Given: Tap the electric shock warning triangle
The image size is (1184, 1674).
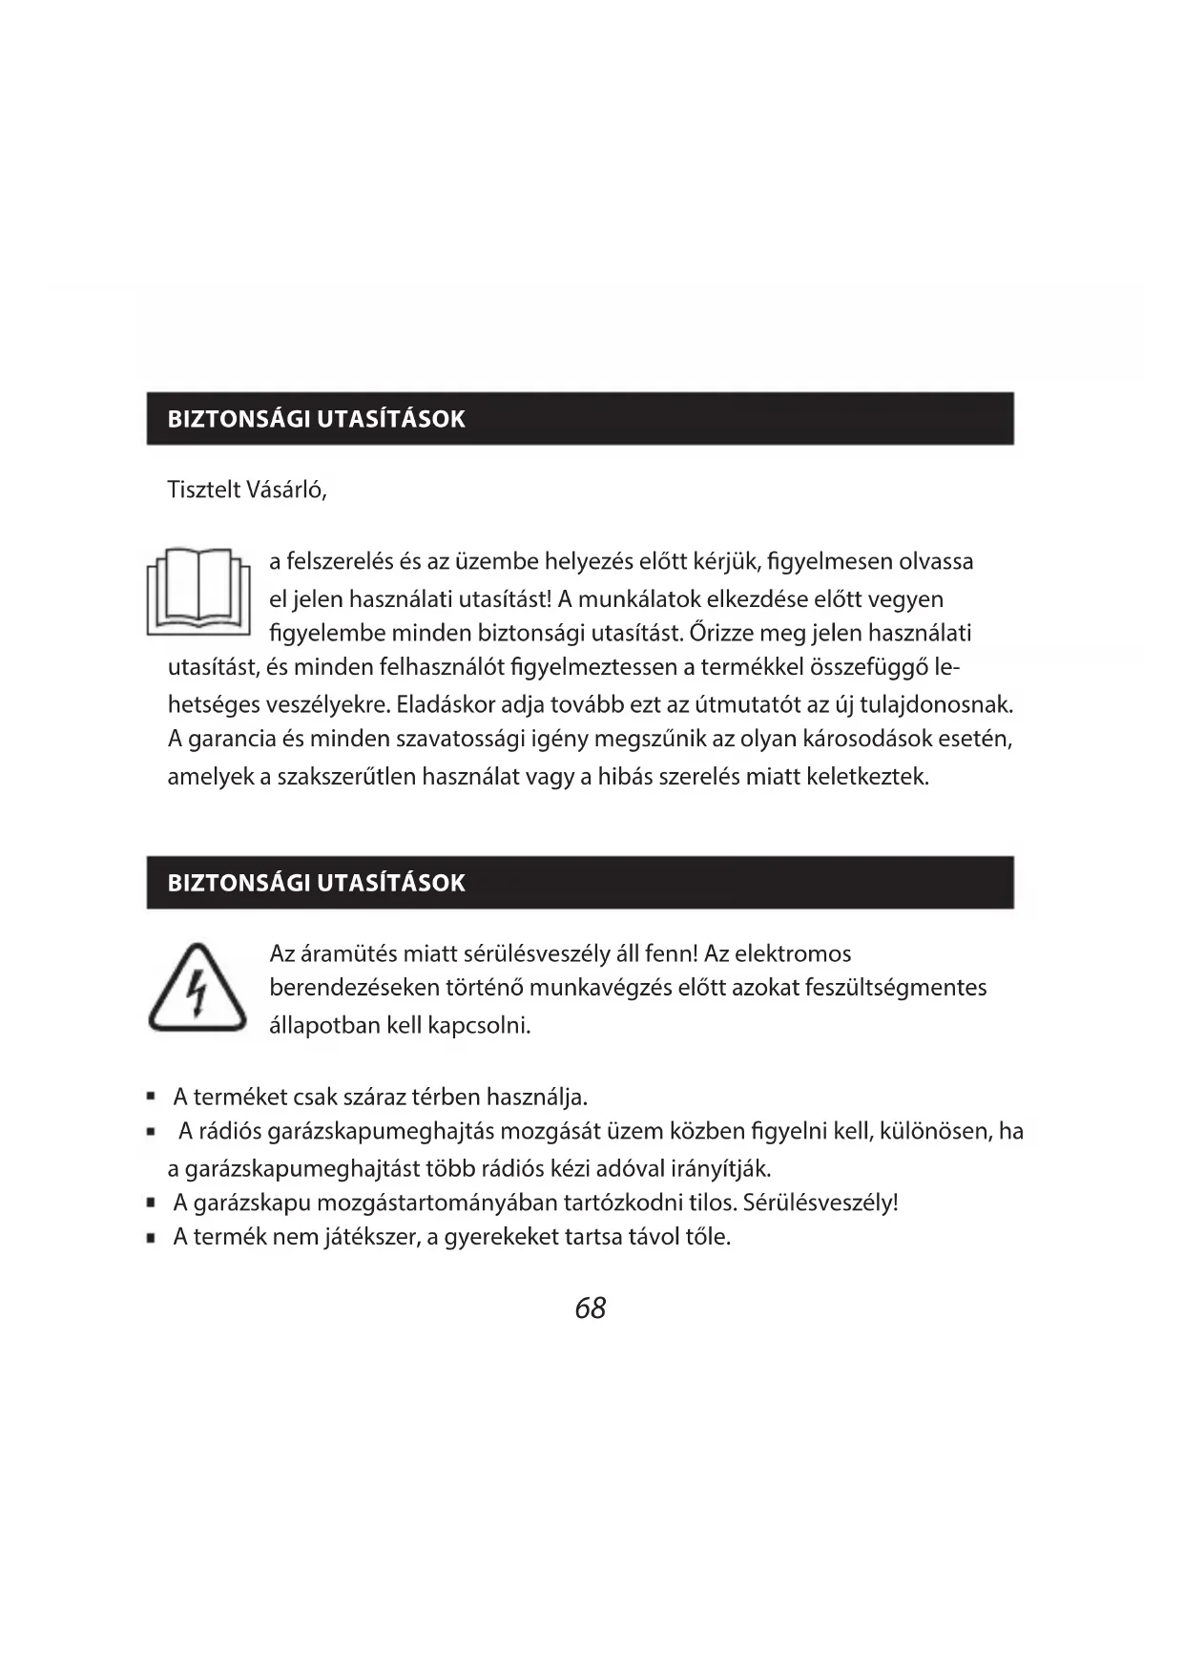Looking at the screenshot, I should tap(197, 990).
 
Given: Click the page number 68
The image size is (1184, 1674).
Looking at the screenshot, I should tap(591, 1308).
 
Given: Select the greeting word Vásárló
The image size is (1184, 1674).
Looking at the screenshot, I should tap(286, 491).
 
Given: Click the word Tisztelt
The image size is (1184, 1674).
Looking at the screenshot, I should tap(204, 491).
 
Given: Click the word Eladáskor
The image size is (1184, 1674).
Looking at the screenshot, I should tap(446, 705).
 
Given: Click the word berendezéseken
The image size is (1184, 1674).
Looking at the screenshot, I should tap(351, 988).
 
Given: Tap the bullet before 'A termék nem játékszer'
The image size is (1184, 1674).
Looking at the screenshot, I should tap(151, 1239).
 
